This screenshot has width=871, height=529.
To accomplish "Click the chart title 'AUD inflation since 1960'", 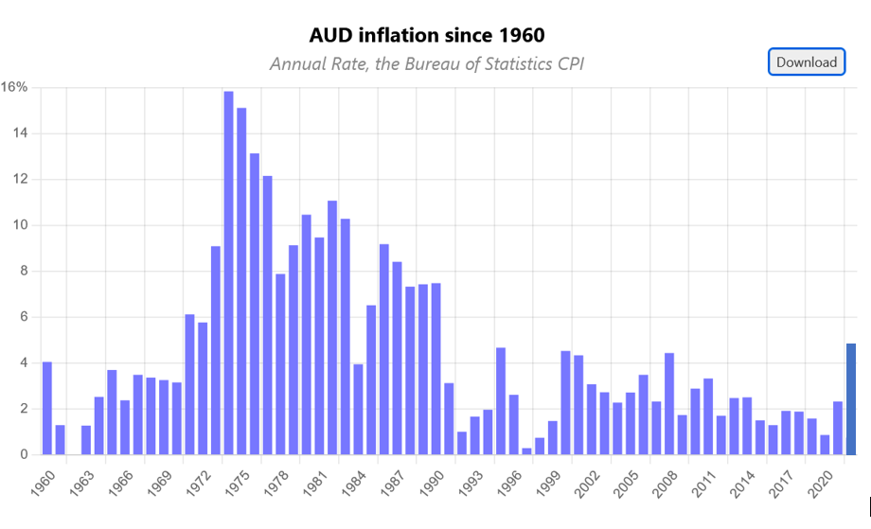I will click(427, 36).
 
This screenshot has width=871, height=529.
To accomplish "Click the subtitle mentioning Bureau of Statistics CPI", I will click(427, 63).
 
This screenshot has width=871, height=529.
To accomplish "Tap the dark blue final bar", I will click(851, 398).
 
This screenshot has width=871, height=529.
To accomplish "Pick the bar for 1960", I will click(47, 408).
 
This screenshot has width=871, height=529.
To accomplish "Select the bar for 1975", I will click(255, 304).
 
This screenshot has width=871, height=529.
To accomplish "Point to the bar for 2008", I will click(683, 434).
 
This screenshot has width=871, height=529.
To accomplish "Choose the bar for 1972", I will click(216, 350).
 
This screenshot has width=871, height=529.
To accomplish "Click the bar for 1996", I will click(526, 450).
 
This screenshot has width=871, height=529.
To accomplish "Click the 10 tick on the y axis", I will click(21, 225).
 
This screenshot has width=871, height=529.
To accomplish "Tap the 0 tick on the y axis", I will click(25, 455).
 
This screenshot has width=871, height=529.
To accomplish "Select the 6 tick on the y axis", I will click(25, 317).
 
